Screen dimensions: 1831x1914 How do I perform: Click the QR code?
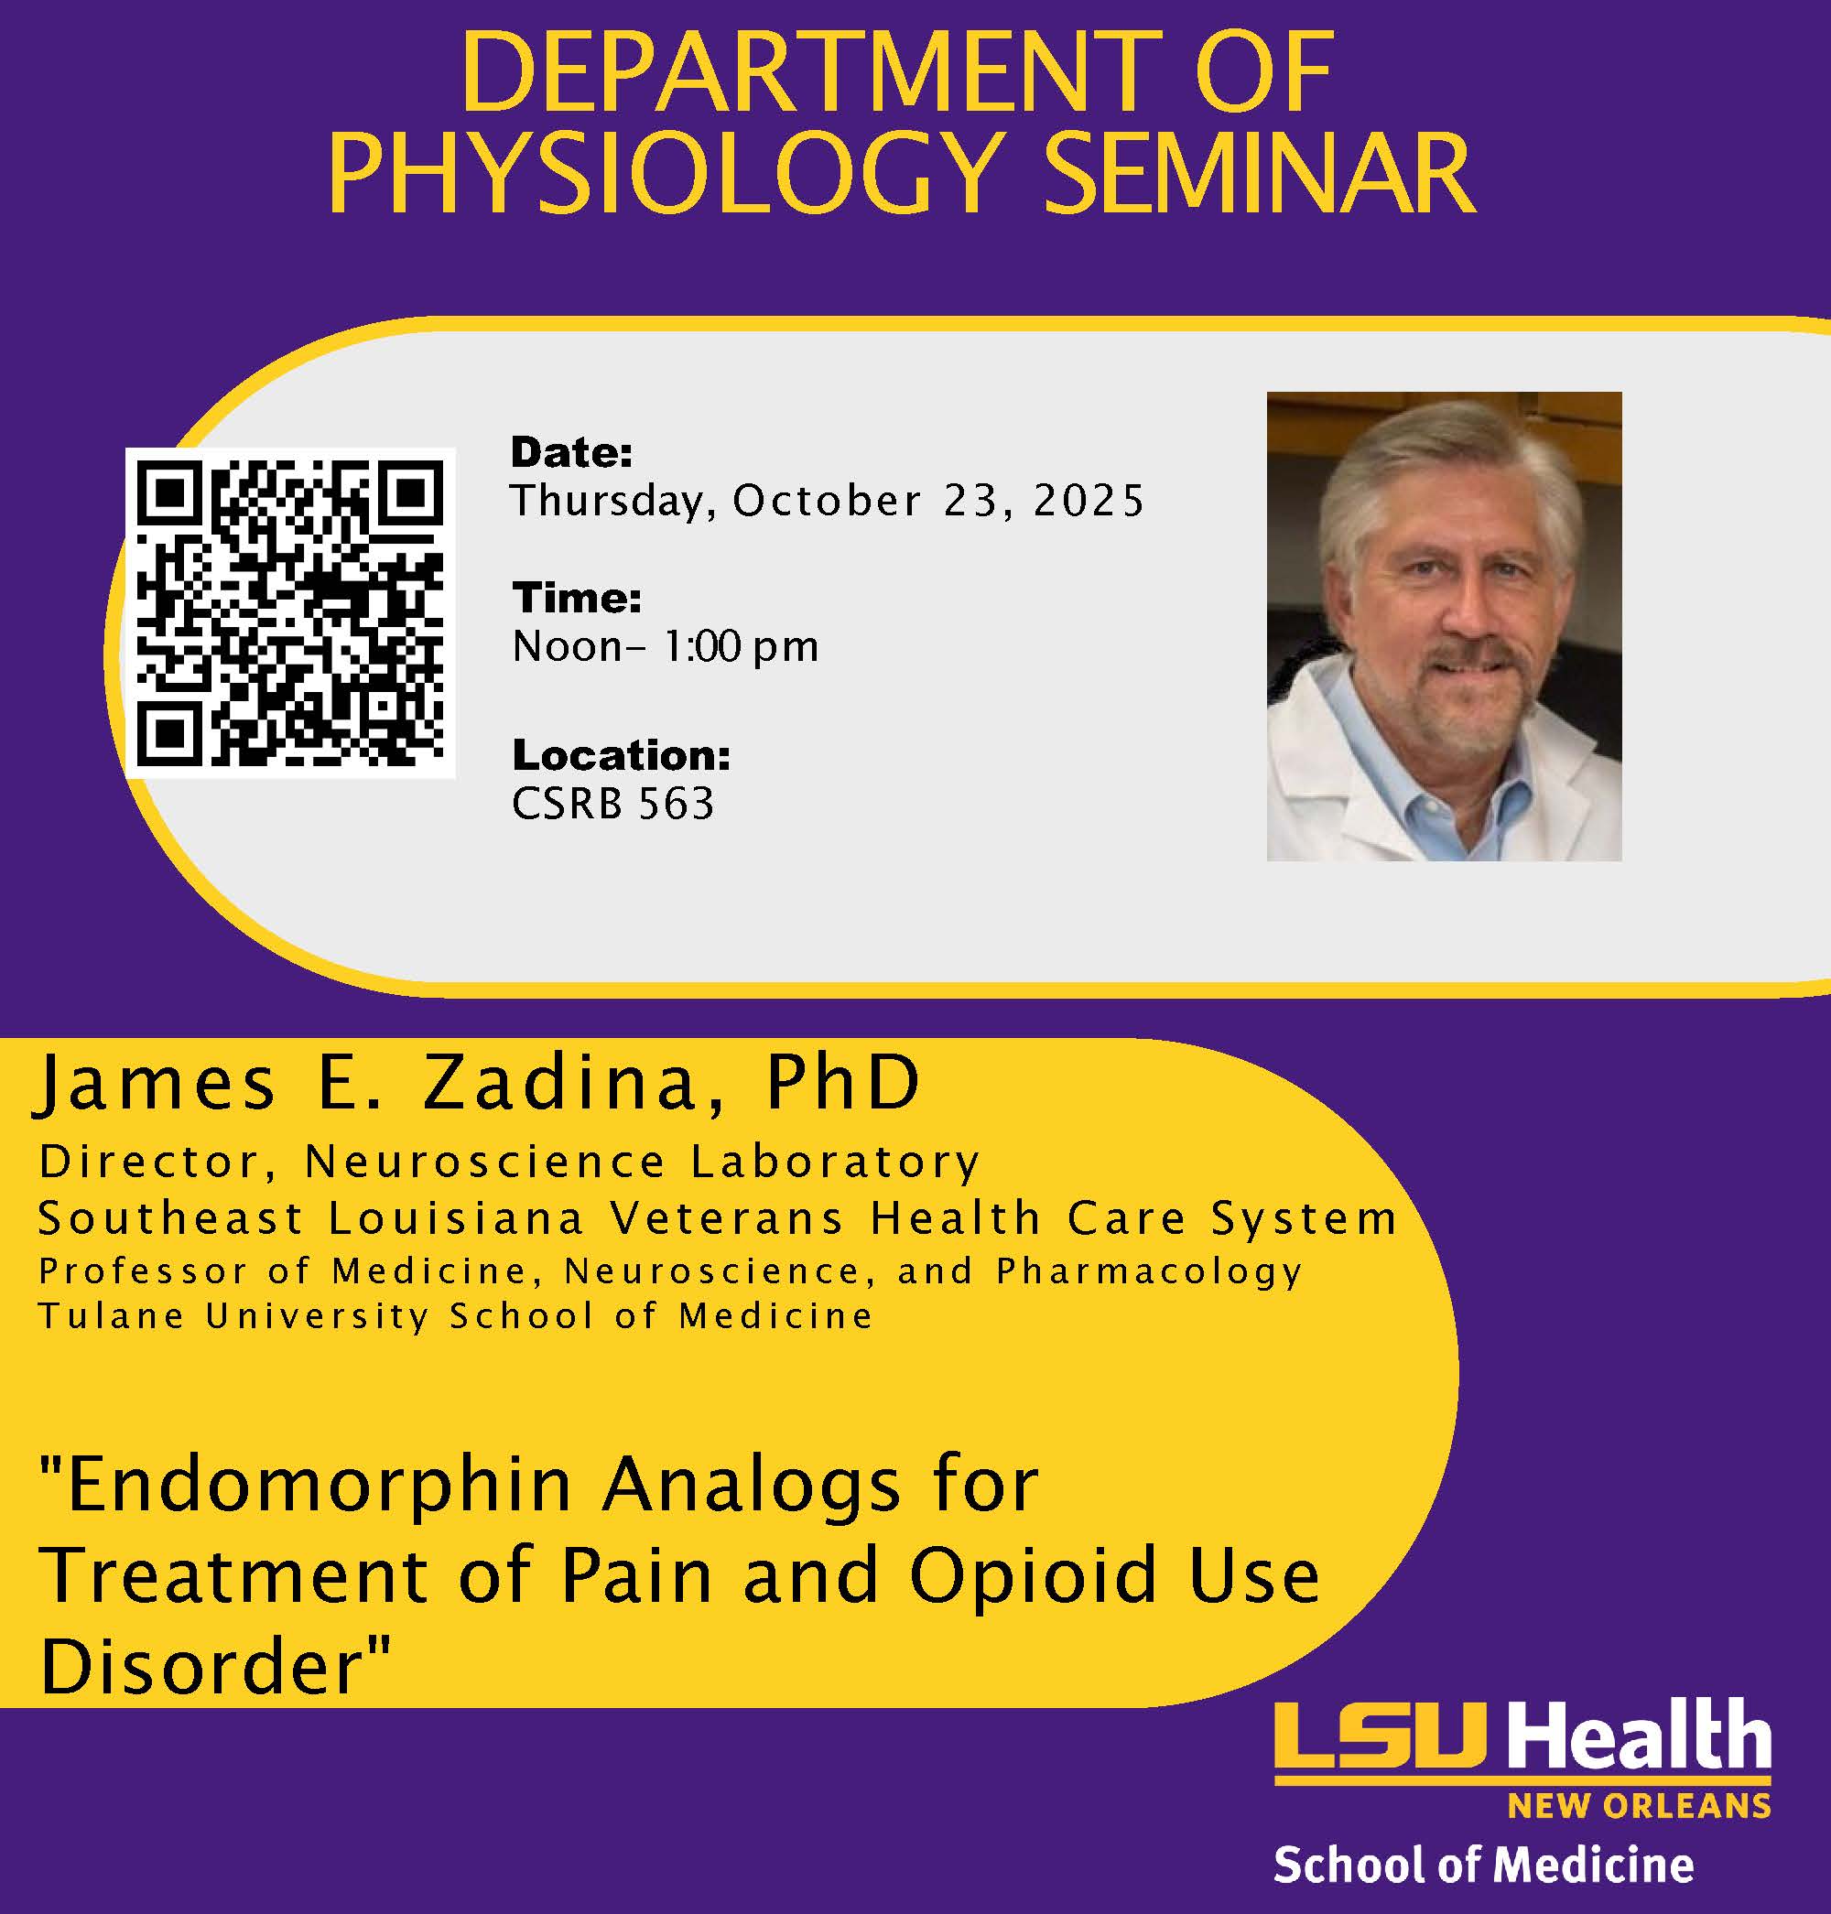coord(290,613)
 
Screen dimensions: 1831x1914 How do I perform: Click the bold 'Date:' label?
coord(572,452)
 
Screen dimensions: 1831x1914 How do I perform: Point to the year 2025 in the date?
coord(1089,501)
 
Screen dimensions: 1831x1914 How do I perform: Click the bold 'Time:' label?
coord(577,598)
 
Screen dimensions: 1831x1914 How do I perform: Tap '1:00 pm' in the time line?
coord(742,647)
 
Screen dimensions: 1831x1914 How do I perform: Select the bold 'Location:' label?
coord(622,754)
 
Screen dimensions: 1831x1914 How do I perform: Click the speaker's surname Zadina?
coord(559,1084)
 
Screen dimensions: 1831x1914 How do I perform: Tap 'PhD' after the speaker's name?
coord(843,1083)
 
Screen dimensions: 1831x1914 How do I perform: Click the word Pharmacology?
coord(1150,1271)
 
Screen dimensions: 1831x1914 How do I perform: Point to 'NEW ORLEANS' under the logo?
coord(1640,1807)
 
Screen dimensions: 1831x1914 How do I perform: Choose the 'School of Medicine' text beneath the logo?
coord(1483,1865)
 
